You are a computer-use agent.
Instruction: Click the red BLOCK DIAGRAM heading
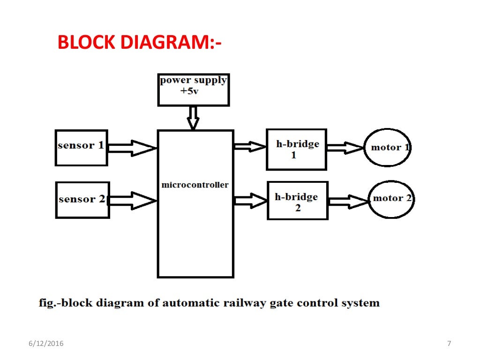point(139,43)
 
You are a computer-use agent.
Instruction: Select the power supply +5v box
point(193,90)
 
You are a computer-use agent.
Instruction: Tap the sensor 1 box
point(81,148)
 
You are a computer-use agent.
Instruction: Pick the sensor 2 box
point(82,200)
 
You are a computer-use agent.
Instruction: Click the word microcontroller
point(195,185)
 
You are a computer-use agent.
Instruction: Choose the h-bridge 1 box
point(296,150)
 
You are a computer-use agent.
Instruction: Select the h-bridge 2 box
point(297,201)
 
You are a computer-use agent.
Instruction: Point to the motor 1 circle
point(387,148)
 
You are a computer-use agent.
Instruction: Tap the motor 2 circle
point(391,199)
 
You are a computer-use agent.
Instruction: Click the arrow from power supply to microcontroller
point(193,118)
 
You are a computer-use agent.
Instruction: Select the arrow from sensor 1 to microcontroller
point(132,148)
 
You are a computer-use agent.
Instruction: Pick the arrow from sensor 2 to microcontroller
point(132,201)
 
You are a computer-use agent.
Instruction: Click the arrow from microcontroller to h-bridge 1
point(249,147)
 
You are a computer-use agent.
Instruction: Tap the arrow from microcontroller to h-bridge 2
point(250,201)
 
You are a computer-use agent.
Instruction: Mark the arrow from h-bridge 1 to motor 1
point(345,148)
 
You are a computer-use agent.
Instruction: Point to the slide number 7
point(449,344)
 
